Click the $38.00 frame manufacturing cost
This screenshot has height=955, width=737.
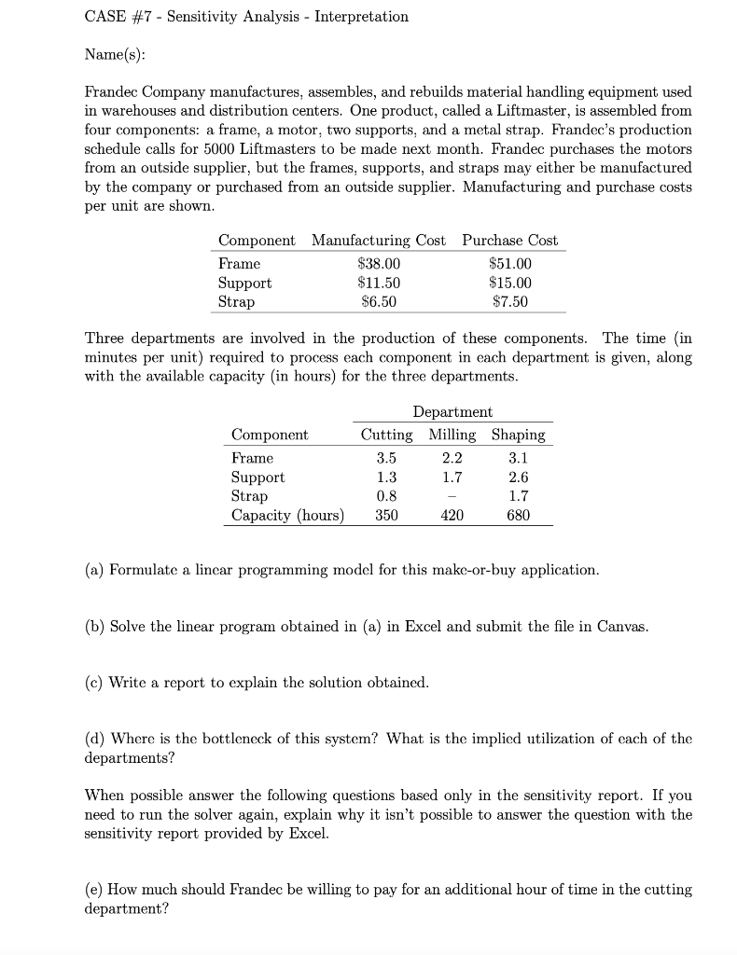coord(380,264)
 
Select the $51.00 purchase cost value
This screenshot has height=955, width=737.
coord(510,264)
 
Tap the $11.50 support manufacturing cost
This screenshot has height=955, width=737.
coord(380,283)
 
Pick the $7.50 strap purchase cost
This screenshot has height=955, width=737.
coord(510,301)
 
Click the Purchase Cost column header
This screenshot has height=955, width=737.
coord(510,241)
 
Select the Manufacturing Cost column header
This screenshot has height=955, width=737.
coord(379,241)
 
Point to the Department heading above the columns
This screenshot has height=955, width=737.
coord(452,411)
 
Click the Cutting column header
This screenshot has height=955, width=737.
coord(386,435)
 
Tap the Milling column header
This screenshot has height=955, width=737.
coord(452,435)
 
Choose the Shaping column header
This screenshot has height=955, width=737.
coord(519,435)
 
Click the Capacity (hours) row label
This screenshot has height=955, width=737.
coord(287,515)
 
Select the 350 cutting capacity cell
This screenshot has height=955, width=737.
coord(386,515)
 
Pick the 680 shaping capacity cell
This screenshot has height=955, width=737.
coord(519,515)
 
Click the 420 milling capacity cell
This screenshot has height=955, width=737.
coord(452,515)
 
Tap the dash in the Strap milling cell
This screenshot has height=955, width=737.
coord(452,496)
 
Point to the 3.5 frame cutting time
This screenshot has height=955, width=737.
coord(386,458)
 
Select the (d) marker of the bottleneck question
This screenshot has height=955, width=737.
coord(94,739)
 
